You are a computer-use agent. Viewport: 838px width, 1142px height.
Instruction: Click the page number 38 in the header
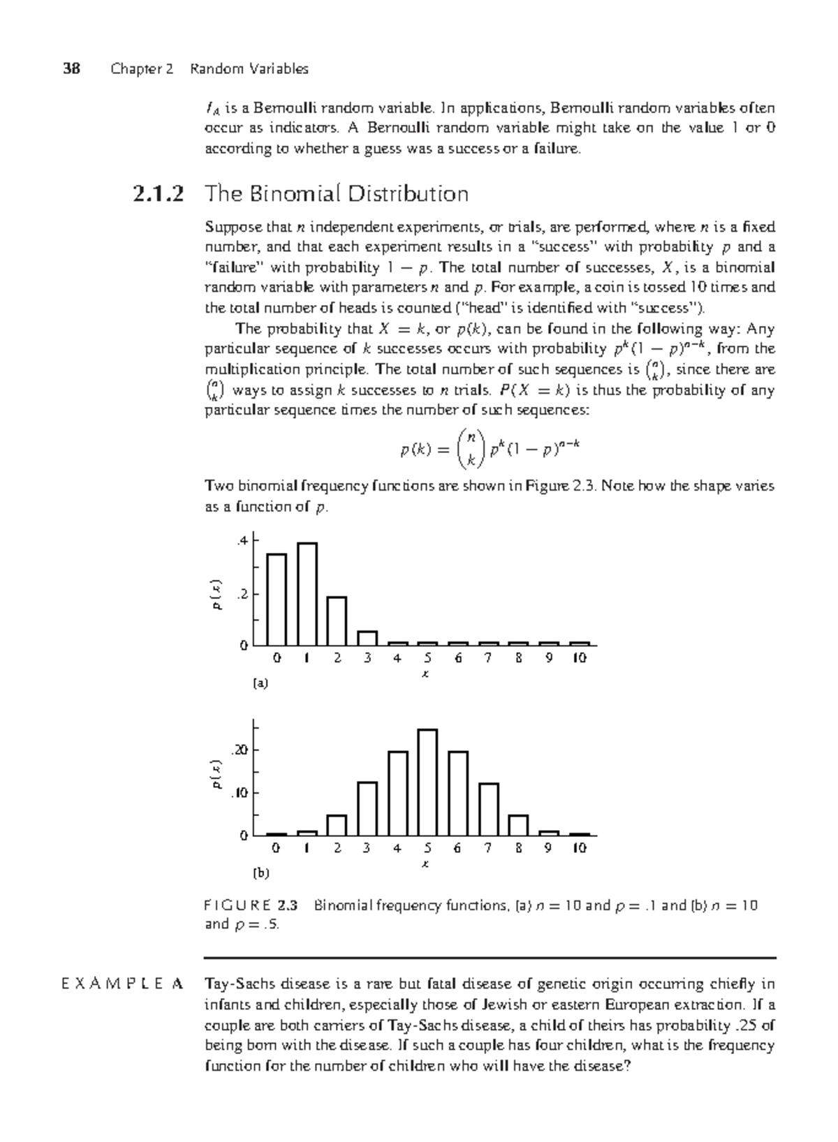click(x=71, y=68)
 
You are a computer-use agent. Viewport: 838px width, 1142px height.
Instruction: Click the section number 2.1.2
click(x=159, y=193)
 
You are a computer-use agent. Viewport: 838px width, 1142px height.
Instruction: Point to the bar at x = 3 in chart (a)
click(x=367, y=638)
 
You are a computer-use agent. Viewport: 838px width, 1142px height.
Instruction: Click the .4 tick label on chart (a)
click(x=242, y=540)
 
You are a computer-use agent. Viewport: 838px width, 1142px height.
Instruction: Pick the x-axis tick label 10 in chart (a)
click(x=579, y=658)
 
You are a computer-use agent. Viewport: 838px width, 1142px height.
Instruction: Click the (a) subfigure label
click(x=260, y=683)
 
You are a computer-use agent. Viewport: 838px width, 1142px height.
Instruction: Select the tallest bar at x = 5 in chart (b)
click(x=427, y=782)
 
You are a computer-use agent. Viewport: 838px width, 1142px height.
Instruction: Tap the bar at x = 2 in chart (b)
click(x=337, y=825)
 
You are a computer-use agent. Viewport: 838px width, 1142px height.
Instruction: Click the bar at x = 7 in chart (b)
click(x=488, y=809)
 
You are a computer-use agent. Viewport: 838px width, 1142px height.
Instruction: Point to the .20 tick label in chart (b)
click(x=240, y=750)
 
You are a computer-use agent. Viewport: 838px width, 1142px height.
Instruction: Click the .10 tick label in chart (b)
click(x=240, y=793)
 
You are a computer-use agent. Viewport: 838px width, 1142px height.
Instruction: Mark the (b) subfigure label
click(x=260, y=873)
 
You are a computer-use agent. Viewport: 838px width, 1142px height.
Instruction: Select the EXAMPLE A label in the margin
click(x=122, y=984)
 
